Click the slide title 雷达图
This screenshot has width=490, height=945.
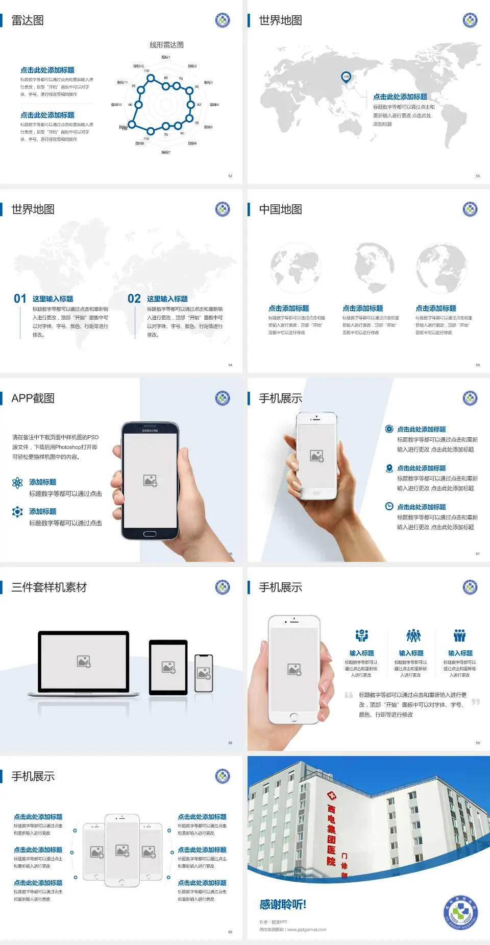pos(28,20)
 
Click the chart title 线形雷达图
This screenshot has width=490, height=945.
pos(166,45)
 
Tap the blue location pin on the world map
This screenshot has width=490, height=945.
pos(346,77)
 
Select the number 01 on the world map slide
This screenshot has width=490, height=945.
pos(20,299)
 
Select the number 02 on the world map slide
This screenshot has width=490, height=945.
pos(134,299)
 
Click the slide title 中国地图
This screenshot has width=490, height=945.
pos(280,209)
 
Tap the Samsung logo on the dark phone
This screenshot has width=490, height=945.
pos(150,431)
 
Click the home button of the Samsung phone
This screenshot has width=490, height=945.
pos(150,534)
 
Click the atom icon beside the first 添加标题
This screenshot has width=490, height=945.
pos(17,483)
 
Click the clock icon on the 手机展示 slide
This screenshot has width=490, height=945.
pos(389,506)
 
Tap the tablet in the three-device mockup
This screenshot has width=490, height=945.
pos(168,667)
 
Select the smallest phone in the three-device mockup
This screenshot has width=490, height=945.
pos(204,673)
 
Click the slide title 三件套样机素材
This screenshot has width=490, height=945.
pos(49,587)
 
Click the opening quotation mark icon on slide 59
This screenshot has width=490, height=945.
pos(349,695)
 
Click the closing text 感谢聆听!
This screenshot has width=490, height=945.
pos(283,905)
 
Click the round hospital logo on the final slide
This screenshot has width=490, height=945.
pos(461,912)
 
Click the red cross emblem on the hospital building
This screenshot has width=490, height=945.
pos(331,796)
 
